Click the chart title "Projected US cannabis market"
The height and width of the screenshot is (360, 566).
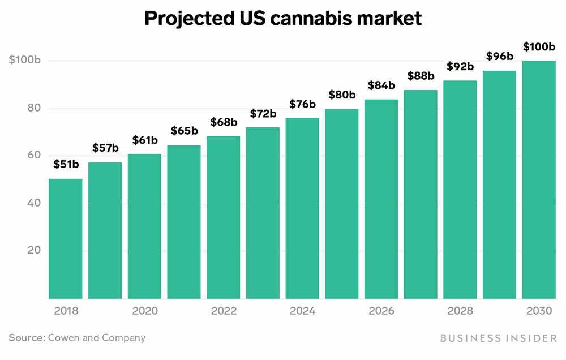pos(282,18)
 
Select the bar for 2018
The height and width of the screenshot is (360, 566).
pos(66,238)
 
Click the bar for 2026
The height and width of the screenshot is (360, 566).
pos(381,199)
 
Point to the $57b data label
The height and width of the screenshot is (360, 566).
pos(105,149)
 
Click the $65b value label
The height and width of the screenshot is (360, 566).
pos(184,131)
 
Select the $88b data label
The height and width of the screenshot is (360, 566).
pos(421,76)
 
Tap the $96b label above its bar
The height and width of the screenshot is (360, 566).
pos(499,56)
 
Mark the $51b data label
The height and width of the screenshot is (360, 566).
pos(66,165)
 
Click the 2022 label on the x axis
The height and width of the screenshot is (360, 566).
pos(224,311)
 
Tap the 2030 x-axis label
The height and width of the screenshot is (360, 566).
pos(538,311)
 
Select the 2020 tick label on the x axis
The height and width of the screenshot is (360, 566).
pos(145,311)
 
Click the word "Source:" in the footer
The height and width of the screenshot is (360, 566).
pos(27,338)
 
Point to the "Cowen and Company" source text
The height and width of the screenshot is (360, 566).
pos(97,338)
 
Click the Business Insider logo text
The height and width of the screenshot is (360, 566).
pos(498,338)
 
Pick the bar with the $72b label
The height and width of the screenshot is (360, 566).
pos(263,213)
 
